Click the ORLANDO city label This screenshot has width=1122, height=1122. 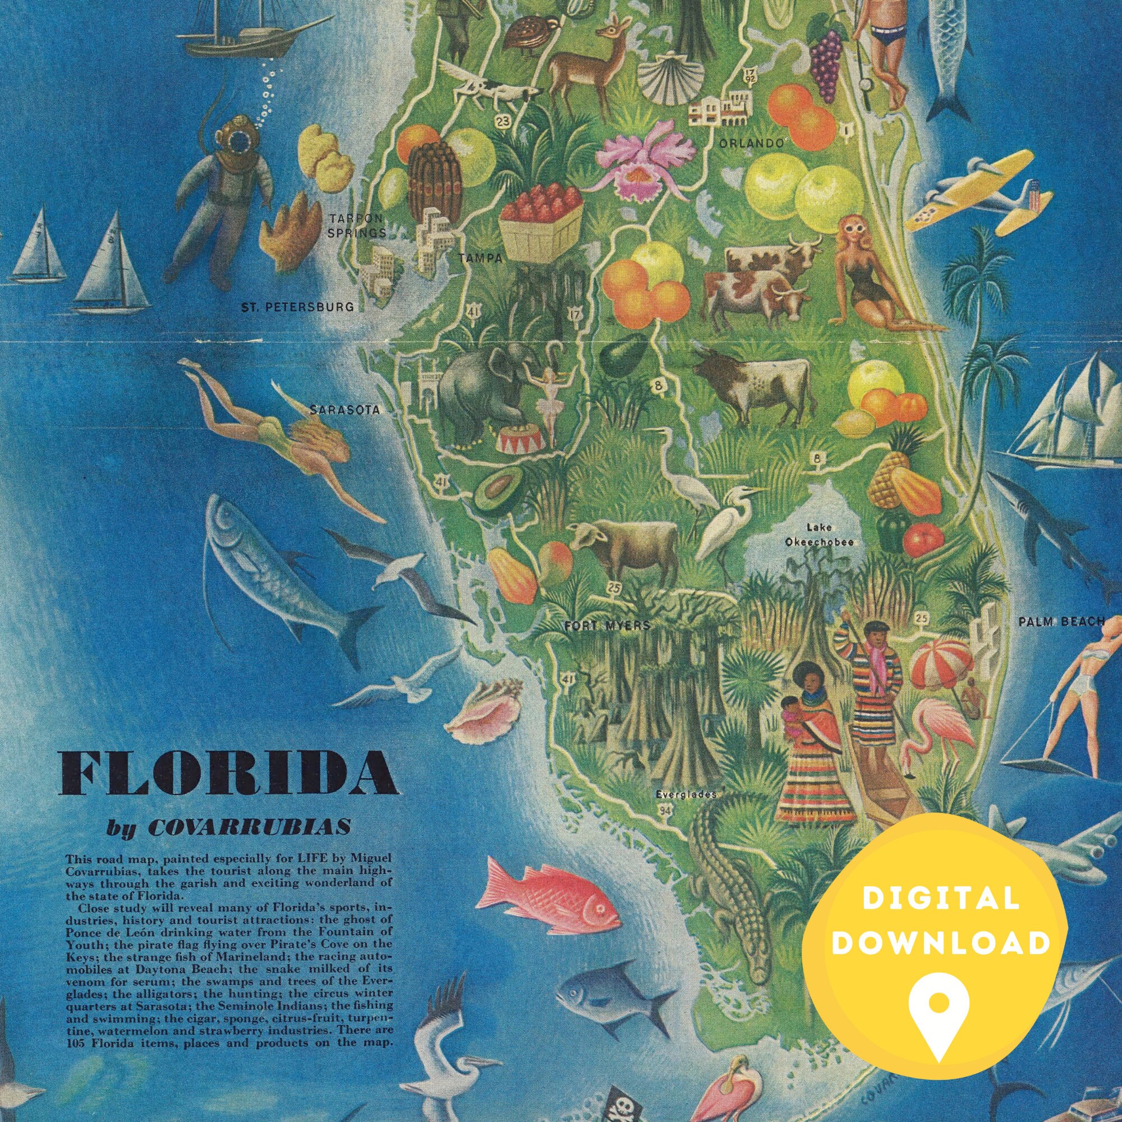753,143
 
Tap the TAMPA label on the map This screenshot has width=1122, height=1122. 480,259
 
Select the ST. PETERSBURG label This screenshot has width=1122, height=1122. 297,307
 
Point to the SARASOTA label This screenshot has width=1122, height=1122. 345,410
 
